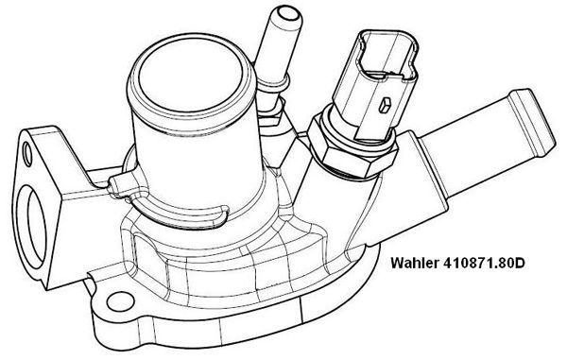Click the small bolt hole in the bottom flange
(116, 301)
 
